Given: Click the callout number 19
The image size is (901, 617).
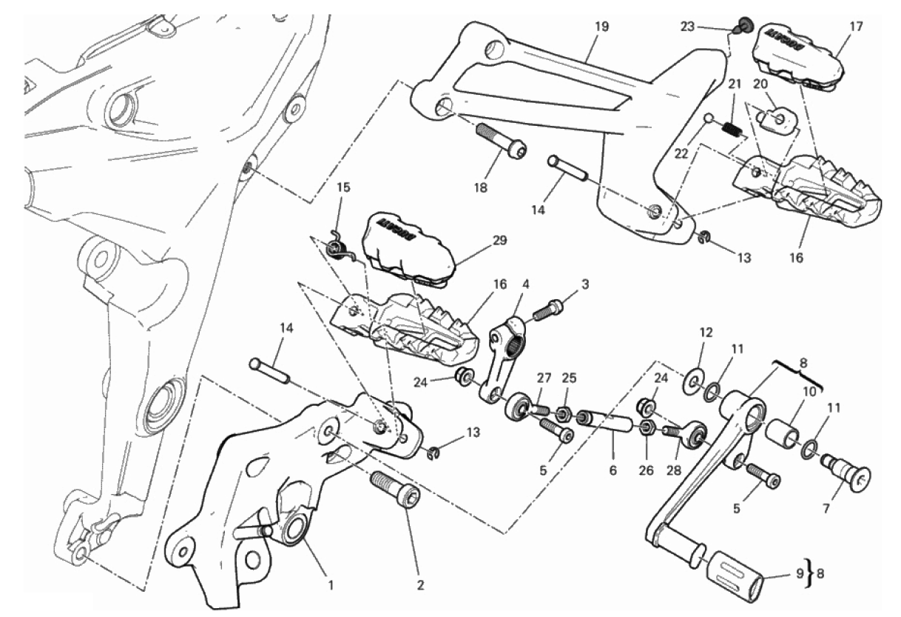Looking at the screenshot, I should [601, 27].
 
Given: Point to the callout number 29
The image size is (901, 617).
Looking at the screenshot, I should [500, 241].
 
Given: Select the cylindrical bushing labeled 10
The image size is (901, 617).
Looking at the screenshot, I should [783, 434].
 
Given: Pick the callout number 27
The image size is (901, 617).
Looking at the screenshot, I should [544, 378].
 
